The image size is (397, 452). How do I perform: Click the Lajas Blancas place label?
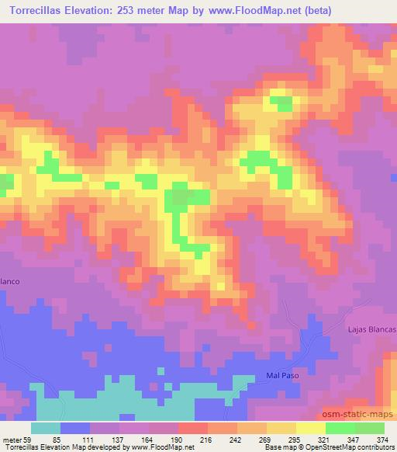[x=373, y=330]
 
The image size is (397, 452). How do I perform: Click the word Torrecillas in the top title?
[x=32, y=9]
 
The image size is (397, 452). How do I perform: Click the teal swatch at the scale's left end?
[x=47, y=427]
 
